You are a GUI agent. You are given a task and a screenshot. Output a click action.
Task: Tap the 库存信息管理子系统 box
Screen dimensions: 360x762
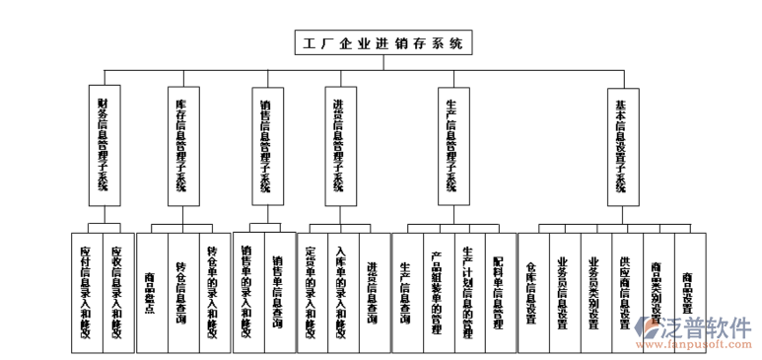181,144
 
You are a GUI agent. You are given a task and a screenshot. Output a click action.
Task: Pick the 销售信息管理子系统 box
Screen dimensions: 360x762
265,144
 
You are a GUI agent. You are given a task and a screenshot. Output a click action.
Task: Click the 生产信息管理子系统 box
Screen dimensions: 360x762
451,144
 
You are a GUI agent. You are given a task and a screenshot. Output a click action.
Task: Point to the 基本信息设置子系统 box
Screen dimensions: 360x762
621,144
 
